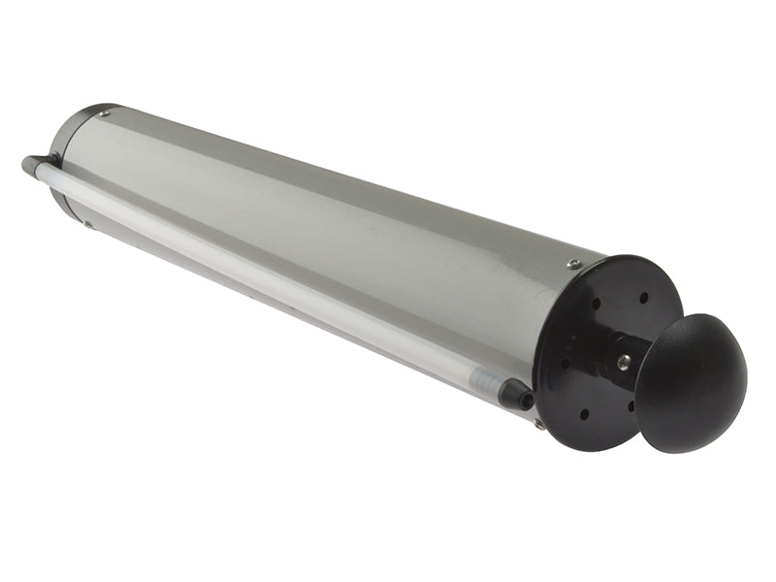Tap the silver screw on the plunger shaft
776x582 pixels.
(x=623, y=362)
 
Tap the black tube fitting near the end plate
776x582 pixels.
(x=516, y=393)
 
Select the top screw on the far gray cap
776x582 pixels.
(x=104, y=113)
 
